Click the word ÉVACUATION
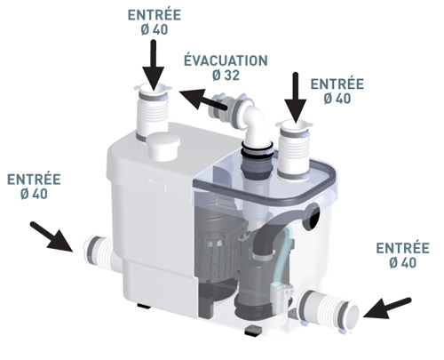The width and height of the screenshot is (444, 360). [x=226, y=60]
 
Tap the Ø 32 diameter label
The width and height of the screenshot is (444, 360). [x=226, y=75]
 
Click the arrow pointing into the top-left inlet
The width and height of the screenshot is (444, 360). [x=154, y=65]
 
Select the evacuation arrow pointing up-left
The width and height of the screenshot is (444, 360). [x=204, y=100]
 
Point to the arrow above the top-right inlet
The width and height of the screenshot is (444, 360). [x=296, y=98]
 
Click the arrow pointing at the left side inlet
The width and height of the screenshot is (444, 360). [x=52, y=237]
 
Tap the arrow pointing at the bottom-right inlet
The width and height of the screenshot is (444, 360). [x=387, y=309]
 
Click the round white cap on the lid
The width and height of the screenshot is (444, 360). [x=163, y=147]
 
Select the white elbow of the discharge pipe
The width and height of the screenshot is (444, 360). [x=256, y=123]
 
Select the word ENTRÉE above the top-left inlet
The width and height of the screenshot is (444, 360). [x=155, y=15]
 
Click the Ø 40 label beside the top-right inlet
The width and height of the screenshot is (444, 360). [x=337, y=99]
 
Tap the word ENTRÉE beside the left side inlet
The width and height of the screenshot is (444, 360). [x=34, y=180]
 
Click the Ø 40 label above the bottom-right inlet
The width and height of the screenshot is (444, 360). [x=402, y=263]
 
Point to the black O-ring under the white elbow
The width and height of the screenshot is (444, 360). [x=257, y=147]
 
